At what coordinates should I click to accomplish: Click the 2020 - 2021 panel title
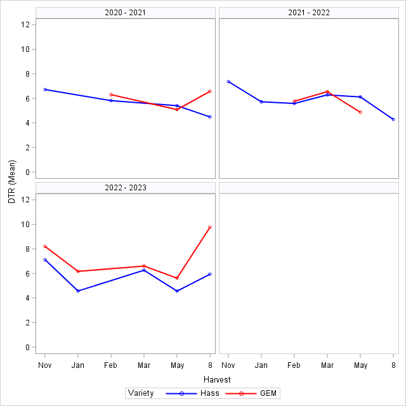[126, 13]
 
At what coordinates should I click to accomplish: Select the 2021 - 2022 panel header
[309, 13]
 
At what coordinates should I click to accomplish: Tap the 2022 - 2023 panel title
[126, 188]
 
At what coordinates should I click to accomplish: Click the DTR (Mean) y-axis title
[12, 182]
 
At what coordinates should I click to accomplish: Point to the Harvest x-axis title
[217, 379]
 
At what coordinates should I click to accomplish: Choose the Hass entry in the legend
[210, 393]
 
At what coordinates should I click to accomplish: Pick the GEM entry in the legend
[268, 393]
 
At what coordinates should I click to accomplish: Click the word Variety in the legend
[141, 393]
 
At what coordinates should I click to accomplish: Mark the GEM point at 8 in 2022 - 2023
[210, 227]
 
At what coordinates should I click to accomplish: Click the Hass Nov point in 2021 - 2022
[228, 82]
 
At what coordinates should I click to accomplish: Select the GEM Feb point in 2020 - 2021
[111, 95]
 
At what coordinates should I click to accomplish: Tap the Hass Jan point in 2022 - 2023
[78, 291]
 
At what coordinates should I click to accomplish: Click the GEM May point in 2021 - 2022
[360, 112]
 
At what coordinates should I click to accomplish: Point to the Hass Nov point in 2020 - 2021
[45, 89]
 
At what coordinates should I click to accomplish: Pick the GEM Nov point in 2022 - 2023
[45, 247]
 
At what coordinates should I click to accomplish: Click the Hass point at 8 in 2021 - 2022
[393, 120]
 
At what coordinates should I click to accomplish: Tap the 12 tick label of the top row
[25, 25]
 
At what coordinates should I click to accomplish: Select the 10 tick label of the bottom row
[25, 224]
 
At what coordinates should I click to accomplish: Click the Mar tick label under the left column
[144, 365]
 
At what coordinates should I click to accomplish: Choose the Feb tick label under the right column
[294, 365]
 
